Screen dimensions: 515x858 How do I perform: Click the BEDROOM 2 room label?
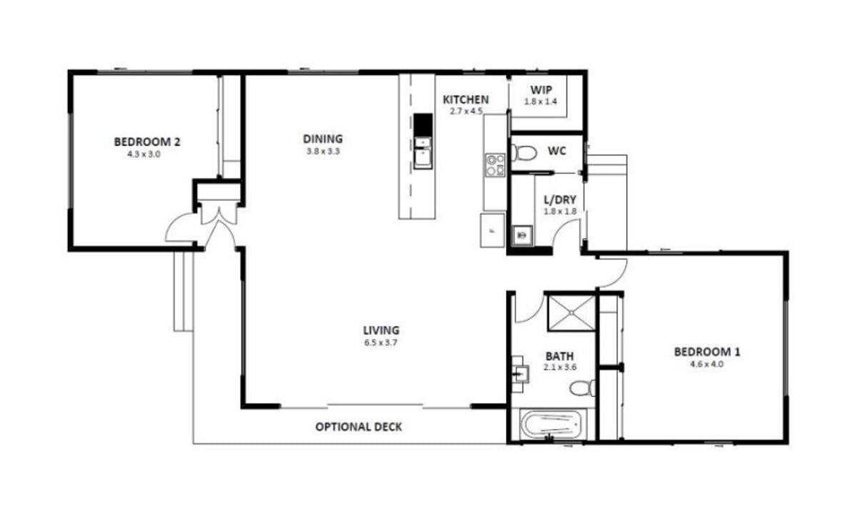[x=147, y=142]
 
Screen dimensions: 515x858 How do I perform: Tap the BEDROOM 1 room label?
[x=707, y=351]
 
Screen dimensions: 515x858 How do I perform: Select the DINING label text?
[x=322, y=139]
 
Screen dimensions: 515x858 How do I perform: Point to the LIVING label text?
[x=381, y=330]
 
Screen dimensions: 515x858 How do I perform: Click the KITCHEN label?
[x=465, y=99]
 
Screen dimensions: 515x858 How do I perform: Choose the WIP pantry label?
[x=541, y=90]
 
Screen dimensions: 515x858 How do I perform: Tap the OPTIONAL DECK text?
[x=359, y=427]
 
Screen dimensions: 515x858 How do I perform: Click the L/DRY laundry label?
[x=560, y=201]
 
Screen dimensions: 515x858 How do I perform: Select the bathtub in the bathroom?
[x=549, y=426]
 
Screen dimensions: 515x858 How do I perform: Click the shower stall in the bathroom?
[x=571, y=312]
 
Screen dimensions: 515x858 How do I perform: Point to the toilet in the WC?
[x=526, y=152]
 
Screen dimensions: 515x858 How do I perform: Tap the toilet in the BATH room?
[x=583, y=388]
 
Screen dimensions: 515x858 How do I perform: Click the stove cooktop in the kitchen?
[x=493, y=165]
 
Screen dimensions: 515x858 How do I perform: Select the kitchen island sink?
[x=423, y=152]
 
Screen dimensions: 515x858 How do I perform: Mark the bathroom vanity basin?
[x=520, y=373]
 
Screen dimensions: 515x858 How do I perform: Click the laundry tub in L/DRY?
[x=523, y=232]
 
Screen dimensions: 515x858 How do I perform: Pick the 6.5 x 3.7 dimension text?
[x=380, y=343]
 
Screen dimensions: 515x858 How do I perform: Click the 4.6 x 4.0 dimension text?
[x=707, y=363]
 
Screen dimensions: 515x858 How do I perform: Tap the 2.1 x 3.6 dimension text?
[x=560, y=367]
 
